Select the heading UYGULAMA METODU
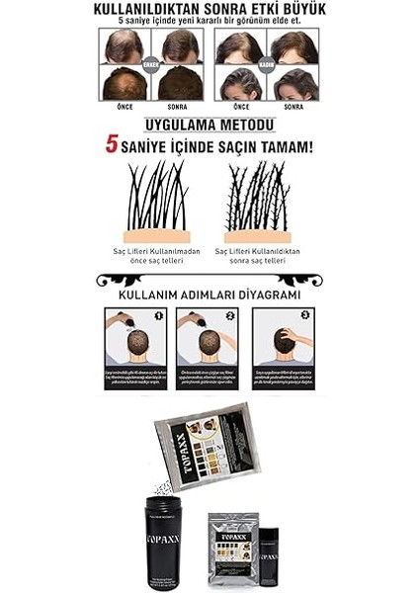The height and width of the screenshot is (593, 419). coord(209,125)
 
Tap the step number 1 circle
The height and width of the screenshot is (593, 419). coord(159,316)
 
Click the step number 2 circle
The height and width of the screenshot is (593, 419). coord(230,316)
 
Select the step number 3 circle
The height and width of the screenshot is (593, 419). coord(306,316)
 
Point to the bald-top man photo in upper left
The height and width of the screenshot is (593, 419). coord(125,45)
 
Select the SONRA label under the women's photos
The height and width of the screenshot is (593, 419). coord(293,106)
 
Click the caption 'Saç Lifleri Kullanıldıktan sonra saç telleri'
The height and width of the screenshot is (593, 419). coord(263,256)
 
